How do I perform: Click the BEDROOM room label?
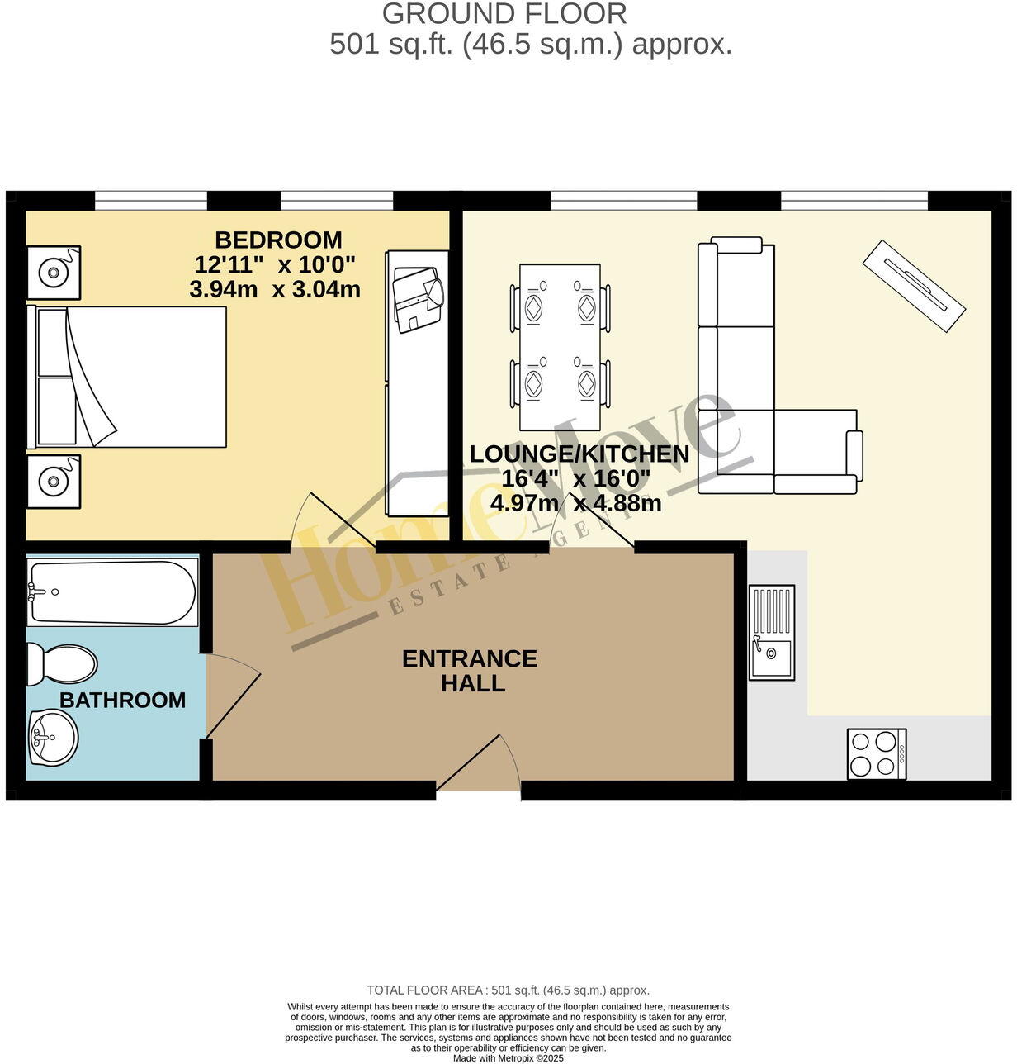pos(278,240)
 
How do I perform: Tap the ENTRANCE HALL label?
pos(469,670)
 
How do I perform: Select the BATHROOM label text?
pos(122,700)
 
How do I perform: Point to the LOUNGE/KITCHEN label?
pos(579,454)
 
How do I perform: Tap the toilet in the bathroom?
pos(62,664)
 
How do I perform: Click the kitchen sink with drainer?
pos(772,632)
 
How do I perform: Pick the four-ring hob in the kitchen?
pos(877,753)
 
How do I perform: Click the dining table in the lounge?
pos(560,347)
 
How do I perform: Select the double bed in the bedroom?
pos(128,377)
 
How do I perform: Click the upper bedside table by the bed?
pos(54,272)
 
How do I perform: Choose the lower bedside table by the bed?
pos(54,481)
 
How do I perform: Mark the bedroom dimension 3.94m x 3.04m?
pos(275,290)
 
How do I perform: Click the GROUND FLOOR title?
pos(504,14)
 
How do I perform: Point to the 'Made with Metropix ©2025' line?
pos(508,1057)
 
